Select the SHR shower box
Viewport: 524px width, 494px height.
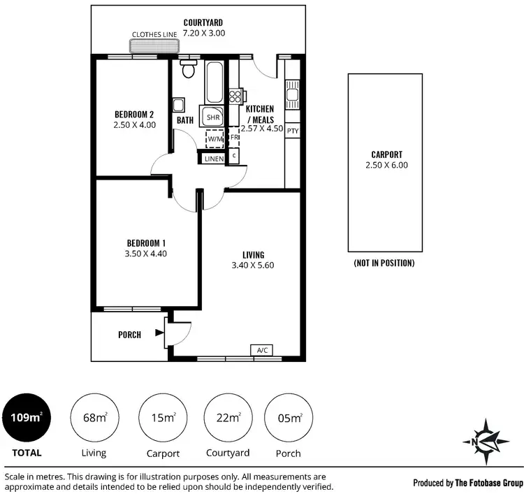[212, 117]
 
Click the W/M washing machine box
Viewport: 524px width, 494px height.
[214, 139]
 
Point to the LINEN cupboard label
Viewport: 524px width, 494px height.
[214, 159]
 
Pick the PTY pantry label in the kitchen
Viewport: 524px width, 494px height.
[292, 131]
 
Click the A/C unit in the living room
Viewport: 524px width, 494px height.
[263, 349]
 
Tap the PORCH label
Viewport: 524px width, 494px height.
[129, 335]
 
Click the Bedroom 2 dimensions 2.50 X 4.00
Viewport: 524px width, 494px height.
[134, 125]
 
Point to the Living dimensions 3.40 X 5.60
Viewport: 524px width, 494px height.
[254, 266]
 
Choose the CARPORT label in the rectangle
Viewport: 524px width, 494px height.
[386, 155]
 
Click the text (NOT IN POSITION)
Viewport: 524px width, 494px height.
[385, 263]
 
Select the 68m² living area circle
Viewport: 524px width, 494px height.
[95, 418]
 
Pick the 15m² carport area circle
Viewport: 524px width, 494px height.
[162, 418]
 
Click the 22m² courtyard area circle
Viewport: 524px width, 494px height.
[228, 418]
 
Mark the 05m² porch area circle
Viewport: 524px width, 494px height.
[289, 418]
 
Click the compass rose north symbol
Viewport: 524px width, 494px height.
[481, 439]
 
